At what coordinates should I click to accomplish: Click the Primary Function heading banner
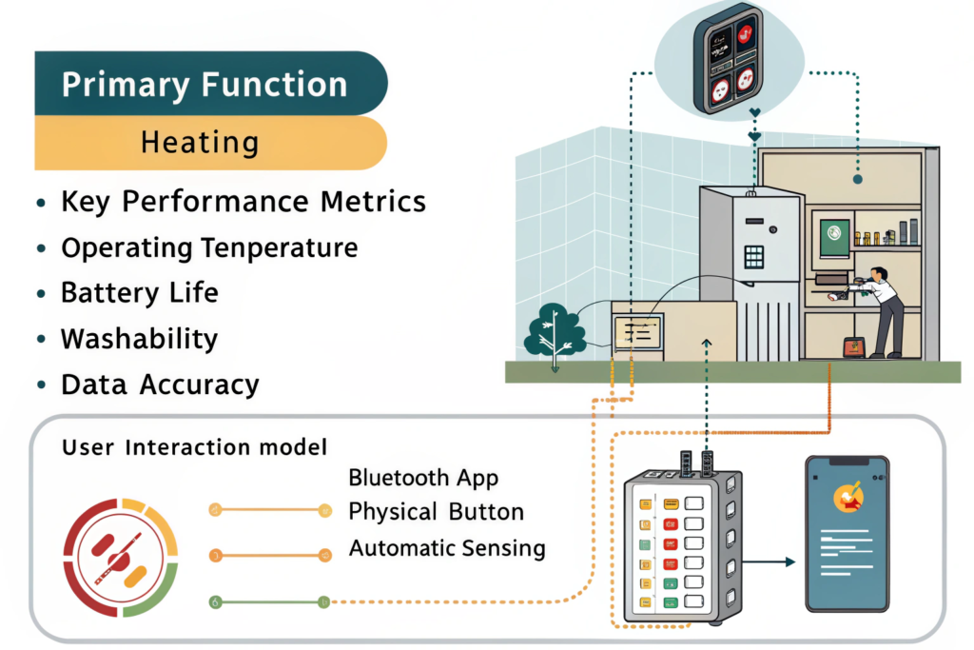205,85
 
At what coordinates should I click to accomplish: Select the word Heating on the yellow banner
200,144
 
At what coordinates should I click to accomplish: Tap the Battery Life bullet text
140,292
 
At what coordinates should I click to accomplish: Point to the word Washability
140,339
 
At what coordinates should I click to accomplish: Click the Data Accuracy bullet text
160,384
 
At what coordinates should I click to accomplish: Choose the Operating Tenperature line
209,247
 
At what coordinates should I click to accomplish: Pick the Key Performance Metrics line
243,202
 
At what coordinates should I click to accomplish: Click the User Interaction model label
194,446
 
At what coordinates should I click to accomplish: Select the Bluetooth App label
423,477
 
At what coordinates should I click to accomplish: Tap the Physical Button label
436,512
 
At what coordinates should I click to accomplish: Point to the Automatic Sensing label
447,548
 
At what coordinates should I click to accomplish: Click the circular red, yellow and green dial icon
121,556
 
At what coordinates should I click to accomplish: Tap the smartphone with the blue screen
847,534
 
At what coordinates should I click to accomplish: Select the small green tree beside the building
555,332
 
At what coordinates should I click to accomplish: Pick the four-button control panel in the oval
730,58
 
